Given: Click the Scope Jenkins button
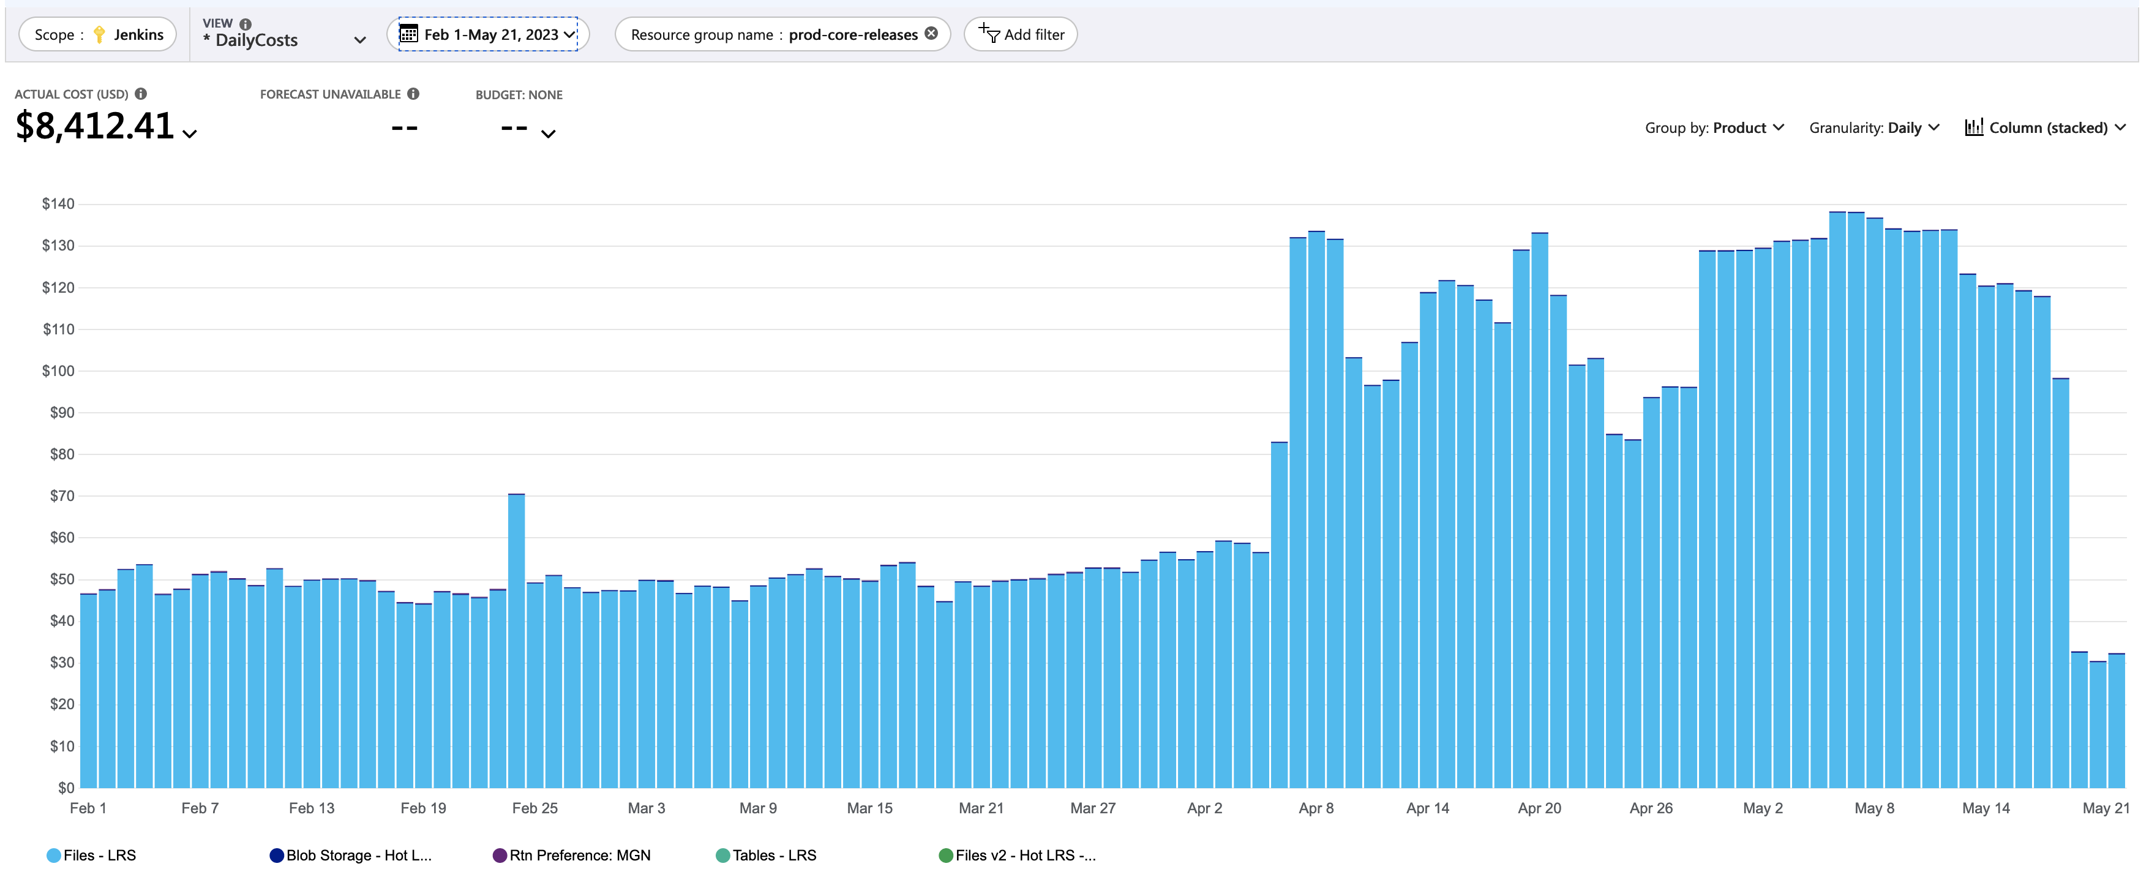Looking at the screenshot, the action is pos(97,34).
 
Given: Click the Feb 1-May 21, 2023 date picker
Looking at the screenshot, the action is pos(488,34).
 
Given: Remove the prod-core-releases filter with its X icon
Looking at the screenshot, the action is pos(931,34).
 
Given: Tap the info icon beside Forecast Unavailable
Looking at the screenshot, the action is pos(413,94).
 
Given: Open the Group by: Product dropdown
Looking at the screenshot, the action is pos(1714,128).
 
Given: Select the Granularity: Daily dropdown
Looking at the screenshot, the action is pos(1873,128).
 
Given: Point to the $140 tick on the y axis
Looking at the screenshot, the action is pos(58,204).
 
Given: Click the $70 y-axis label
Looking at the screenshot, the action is pos(62,495).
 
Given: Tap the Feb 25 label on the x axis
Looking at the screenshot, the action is pos(534,808).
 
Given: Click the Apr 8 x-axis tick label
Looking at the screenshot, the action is pos(1316,808).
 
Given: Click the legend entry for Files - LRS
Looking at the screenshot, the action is pos(92,856).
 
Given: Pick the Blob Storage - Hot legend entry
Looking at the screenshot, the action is pos(350,856).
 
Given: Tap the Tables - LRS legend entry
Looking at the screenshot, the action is pos(766,856).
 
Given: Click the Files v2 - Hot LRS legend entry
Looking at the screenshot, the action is pos(1017,856).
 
